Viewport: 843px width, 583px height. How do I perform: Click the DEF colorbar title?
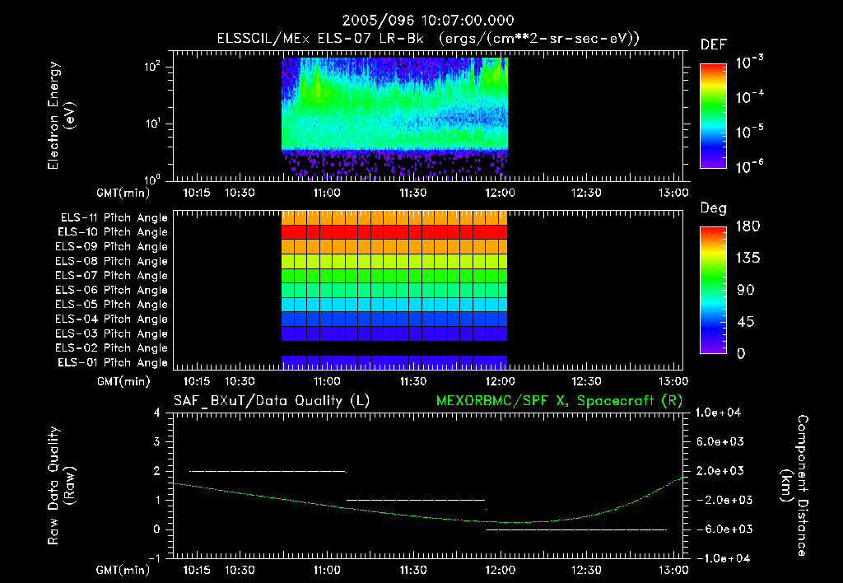tap(713, 44)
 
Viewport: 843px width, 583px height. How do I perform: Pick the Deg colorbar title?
tap(713, 208)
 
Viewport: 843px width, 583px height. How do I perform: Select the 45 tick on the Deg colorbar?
tap(741, 321)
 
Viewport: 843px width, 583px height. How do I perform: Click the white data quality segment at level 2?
tap(268, 471)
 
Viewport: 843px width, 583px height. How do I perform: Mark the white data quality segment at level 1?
tap(416, 500)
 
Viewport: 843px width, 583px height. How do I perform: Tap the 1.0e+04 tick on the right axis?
tap(721, 412)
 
